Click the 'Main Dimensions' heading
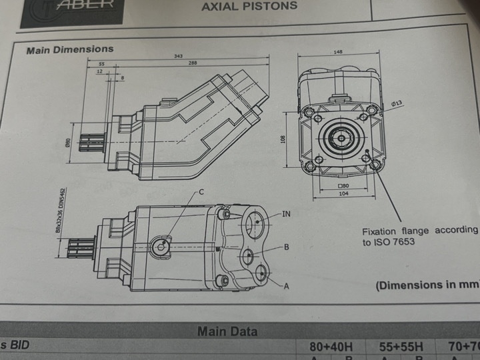69,49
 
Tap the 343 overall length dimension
178,56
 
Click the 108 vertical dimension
283,139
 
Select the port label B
286,247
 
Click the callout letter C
201,191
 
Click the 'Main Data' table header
227,331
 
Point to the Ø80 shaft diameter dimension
67,142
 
